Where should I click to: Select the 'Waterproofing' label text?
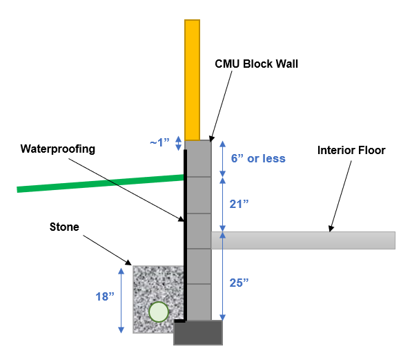pos(57,148)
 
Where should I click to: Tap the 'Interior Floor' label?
pos(351,150)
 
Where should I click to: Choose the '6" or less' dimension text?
pos(256,158)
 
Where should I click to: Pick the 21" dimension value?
pos(239,204)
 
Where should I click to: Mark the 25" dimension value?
pos(239,283)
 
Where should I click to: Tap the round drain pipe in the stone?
pos(158,312)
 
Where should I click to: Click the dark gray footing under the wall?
pos(197,332)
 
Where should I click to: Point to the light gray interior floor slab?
pos(304,240)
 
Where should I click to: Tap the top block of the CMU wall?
pos(197,158)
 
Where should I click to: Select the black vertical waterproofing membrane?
pos(185,235)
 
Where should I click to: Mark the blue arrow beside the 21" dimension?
pos(222,204)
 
